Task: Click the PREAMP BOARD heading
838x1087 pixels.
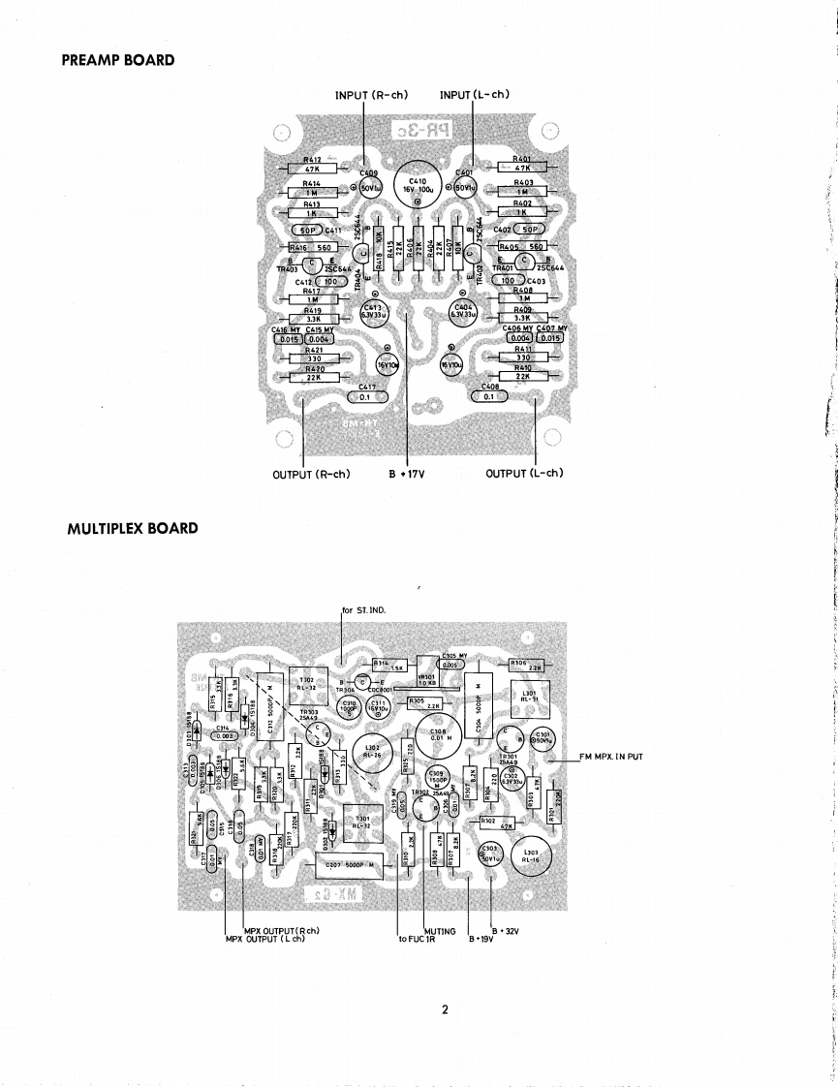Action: (x=118, y=60)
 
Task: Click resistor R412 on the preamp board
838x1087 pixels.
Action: (x=312, y=167)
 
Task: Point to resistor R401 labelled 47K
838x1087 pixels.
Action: (x=523, y=167)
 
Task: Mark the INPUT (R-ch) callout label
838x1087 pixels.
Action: (x=370, y=94)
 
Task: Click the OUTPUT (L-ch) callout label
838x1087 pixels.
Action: (x=524, y=473)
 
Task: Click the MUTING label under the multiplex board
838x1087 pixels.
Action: (x=440, y=931)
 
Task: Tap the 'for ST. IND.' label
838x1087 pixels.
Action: (x=364, y=610)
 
